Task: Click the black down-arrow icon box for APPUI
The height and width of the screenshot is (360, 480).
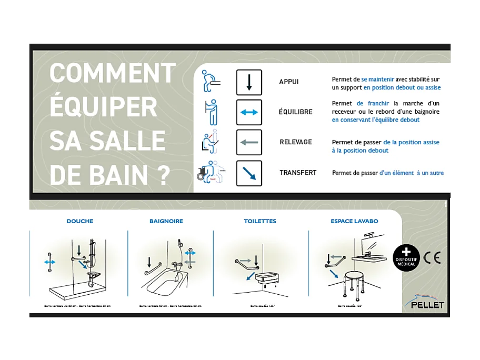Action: pyautogui.click(x=249, y=82)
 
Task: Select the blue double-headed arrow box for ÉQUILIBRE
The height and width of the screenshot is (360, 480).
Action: pyautogui.click(x=249, y=112)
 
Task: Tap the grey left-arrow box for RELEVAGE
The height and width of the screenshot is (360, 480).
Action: pyautogui.click(x=249, y=142)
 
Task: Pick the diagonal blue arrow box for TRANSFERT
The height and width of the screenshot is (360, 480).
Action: pyautogui.click(x=249, y=173)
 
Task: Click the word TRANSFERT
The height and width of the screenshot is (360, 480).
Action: pyautogui.click(x=298, y=173)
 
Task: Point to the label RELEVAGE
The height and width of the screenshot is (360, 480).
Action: pyautogui.click(x=296, y=142)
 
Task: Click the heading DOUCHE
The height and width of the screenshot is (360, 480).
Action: pyautogui.click(x=79, y=221)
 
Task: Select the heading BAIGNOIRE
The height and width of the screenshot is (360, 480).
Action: pyautogui.click(x=166, y=221)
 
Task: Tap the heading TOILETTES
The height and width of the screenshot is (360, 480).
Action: pyautogui.click(x=260, y=221)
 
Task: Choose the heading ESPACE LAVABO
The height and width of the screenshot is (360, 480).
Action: pyautogui.click(x=354, y=221)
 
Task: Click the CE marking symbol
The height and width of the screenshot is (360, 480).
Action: pyautogui.click(x=432, y=258)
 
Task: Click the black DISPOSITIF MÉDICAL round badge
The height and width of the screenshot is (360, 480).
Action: pyautogui.click(x=406, y=258)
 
